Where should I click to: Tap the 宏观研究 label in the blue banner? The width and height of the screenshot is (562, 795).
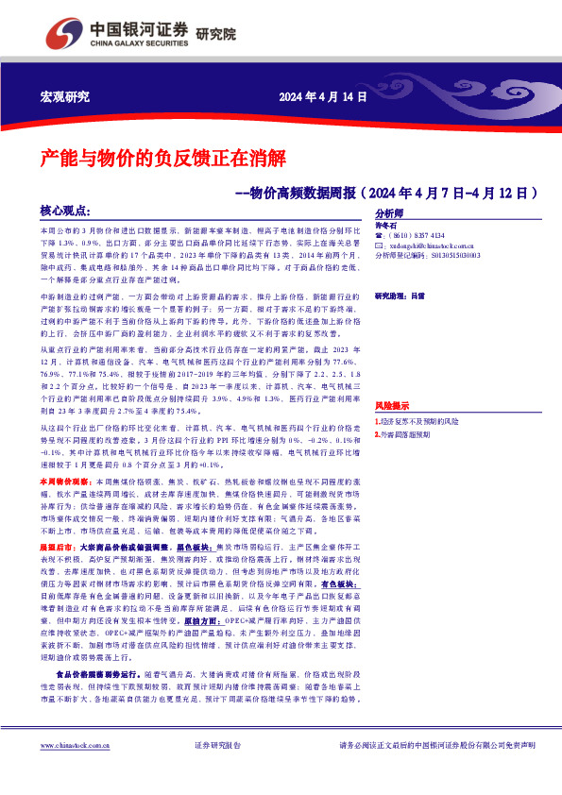65,97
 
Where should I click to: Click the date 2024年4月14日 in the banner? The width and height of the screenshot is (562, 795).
321,97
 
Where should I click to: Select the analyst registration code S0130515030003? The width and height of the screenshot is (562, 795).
453,255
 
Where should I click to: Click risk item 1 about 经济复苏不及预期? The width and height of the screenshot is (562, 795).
422,421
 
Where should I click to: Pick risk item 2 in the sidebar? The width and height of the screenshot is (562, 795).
405,434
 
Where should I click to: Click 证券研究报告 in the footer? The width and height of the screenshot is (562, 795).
217,771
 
